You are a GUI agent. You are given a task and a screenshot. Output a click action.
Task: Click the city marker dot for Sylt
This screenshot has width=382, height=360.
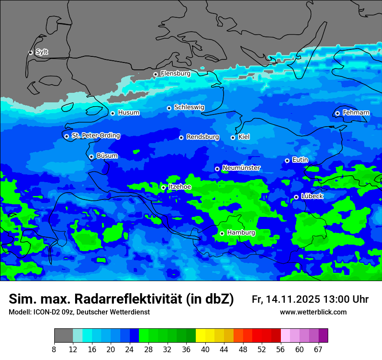click(31, 52)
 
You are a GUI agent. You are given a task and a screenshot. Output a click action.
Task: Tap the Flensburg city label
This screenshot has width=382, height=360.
click(175, 74)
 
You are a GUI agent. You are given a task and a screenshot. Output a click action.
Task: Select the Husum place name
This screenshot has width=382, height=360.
click(128, 113)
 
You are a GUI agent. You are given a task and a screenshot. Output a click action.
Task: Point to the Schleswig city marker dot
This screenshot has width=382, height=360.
click(169, 108)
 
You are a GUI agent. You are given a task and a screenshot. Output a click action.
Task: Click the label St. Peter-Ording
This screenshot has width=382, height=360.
click(95, 136)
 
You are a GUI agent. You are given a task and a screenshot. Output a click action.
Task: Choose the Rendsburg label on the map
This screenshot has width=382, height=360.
click(202, 137)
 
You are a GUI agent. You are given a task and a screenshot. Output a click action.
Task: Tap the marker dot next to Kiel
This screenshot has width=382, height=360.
click(233, 137)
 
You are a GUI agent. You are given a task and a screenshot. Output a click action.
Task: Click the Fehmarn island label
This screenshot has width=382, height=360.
click(356, 113)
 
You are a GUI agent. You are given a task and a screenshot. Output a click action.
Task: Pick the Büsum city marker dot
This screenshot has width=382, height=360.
click(92, 157)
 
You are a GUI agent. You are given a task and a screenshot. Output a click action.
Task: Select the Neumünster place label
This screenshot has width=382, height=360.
click(241, 168)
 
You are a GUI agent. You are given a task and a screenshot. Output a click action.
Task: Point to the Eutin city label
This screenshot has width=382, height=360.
click(300, 160)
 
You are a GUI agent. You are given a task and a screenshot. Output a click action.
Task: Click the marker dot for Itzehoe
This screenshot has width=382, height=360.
click(164, 187)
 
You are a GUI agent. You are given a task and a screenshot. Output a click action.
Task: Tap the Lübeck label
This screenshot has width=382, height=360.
click(312, 196)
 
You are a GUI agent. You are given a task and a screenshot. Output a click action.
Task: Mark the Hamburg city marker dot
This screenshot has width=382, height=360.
click(222, 233)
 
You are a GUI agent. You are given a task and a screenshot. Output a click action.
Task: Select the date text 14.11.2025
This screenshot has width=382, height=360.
click(293, 299)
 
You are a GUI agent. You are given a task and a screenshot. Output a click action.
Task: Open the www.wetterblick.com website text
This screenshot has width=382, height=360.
click(313, 312)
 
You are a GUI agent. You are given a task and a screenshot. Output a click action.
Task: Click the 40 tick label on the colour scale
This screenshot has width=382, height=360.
click(205, 350)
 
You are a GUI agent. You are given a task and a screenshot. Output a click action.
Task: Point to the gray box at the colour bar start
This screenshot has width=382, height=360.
click(63, 336)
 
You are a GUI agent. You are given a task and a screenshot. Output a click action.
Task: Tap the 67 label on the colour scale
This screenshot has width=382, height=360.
click(318, 350)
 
